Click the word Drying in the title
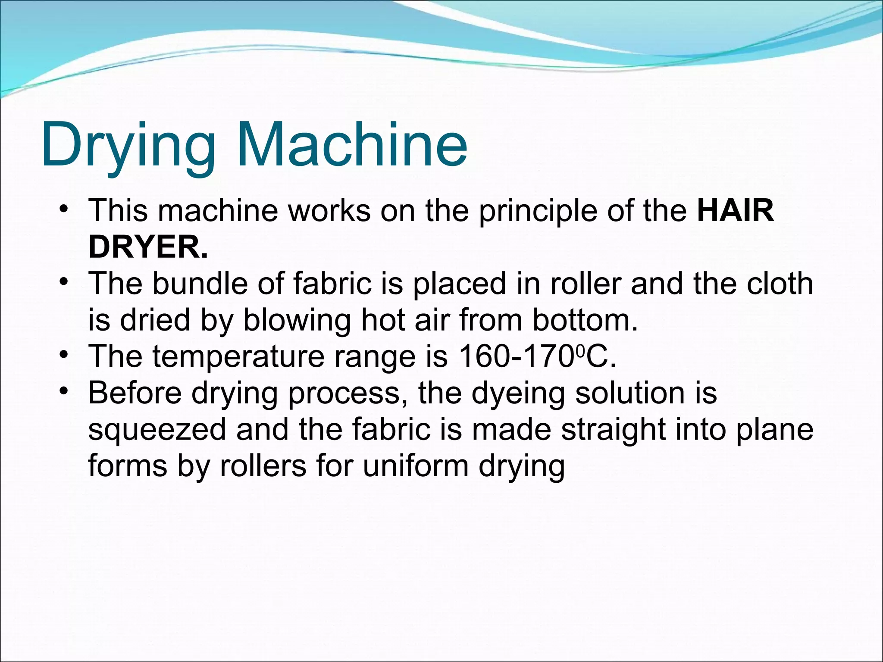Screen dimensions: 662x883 (128, 145)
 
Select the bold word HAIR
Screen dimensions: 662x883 (736, 210)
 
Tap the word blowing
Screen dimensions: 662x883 (297, 321)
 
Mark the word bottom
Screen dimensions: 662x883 (585, 320)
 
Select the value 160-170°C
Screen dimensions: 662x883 (537, 357)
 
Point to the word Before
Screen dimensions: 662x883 (135, 393)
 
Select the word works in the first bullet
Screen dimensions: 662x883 (329, 210)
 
